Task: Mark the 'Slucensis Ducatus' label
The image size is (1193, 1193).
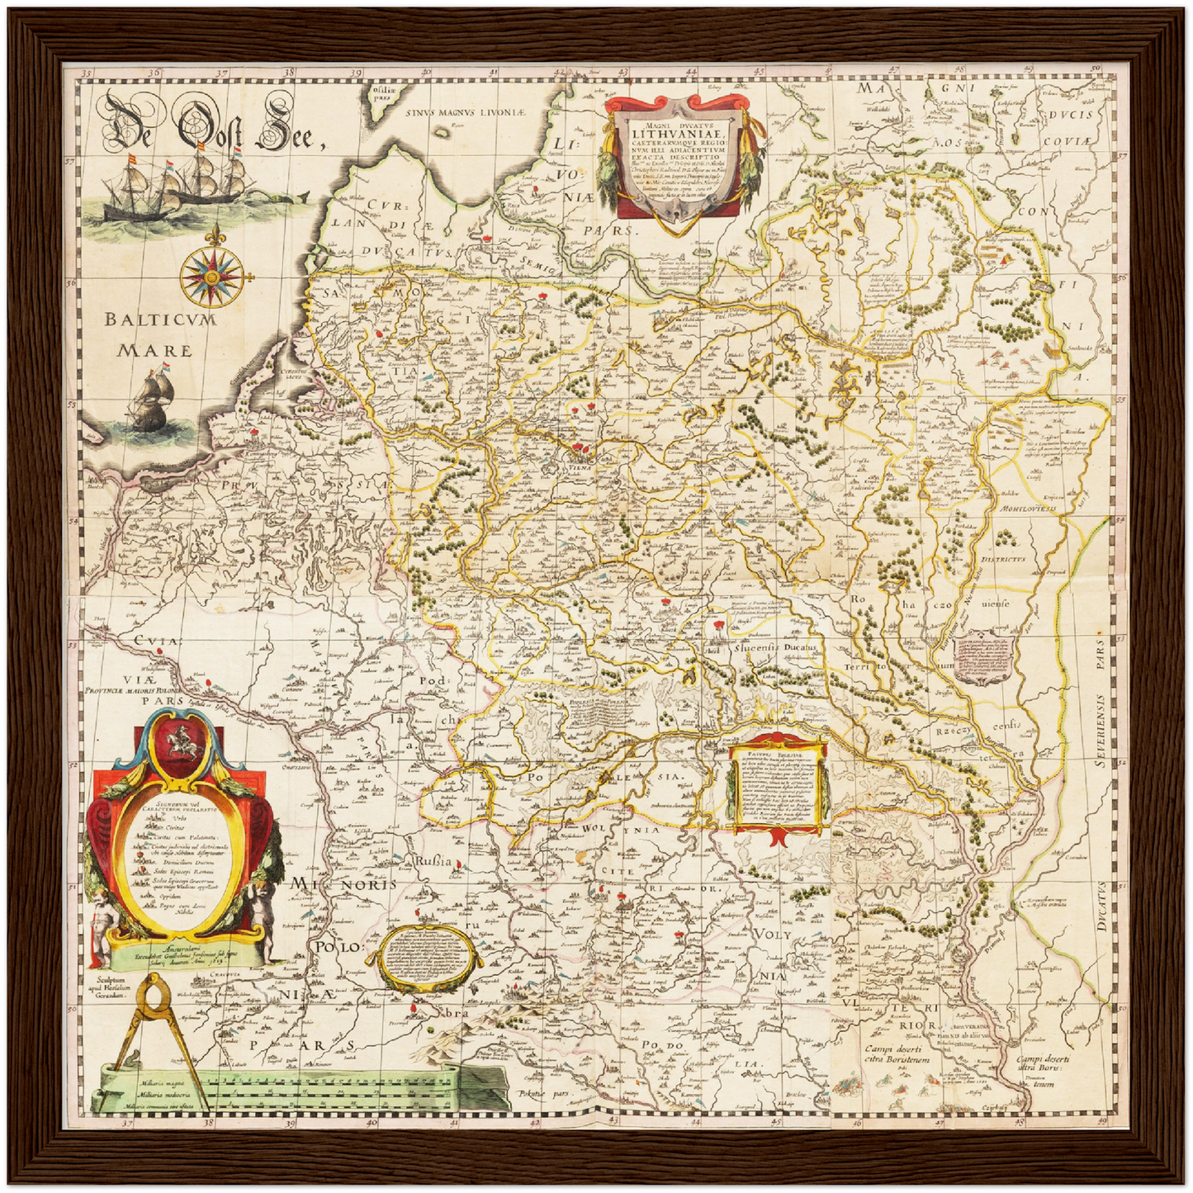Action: coord(775,648)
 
